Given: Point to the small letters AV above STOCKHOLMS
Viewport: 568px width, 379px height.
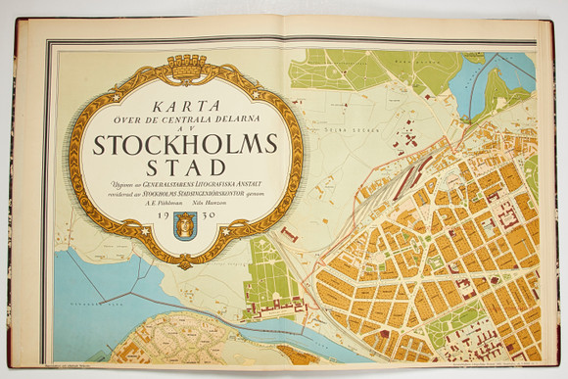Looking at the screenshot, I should tap(186, 127).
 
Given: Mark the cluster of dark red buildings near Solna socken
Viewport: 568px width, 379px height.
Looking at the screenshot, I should tap(416, 162).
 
